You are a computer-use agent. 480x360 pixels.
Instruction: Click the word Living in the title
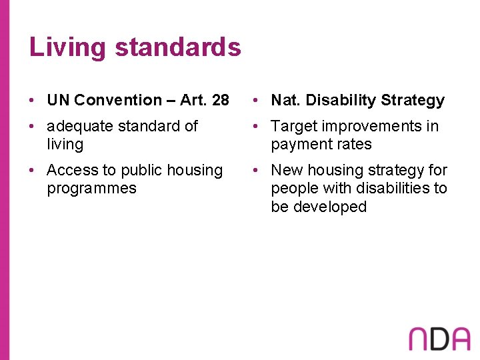coord(67,48)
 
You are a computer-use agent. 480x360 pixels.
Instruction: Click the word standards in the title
coord(178,47)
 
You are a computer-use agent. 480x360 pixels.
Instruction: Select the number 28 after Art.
coord(219,101)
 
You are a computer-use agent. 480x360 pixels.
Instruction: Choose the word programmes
coord(91,189)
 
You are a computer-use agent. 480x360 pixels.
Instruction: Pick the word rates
coord(354,145)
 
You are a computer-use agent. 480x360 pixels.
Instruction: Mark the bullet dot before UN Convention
coord(33,101)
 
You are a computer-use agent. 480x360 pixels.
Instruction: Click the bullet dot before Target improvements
coord(257,127)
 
